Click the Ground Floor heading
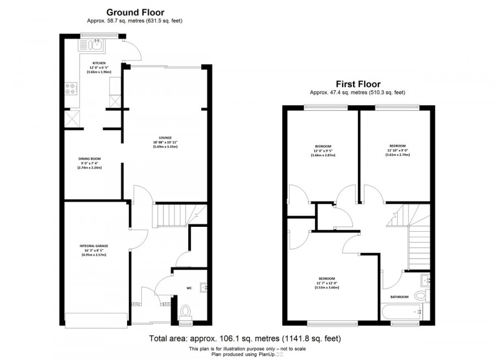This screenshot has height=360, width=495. [134, 12]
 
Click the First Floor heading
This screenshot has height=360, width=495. [358, 84]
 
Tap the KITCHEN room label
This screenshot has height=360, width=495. [99, 63]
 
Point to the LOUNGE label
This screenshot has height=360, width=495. [166, 138]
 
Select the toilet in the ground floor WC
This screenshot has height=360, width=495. [185, 313]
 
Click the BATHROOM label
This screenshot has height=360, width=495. [399, 297]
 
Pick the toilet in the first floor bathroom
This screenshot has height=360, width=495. [421, 296]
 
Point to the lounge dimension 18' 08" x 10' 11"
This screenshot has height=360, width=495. [166, 143]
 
